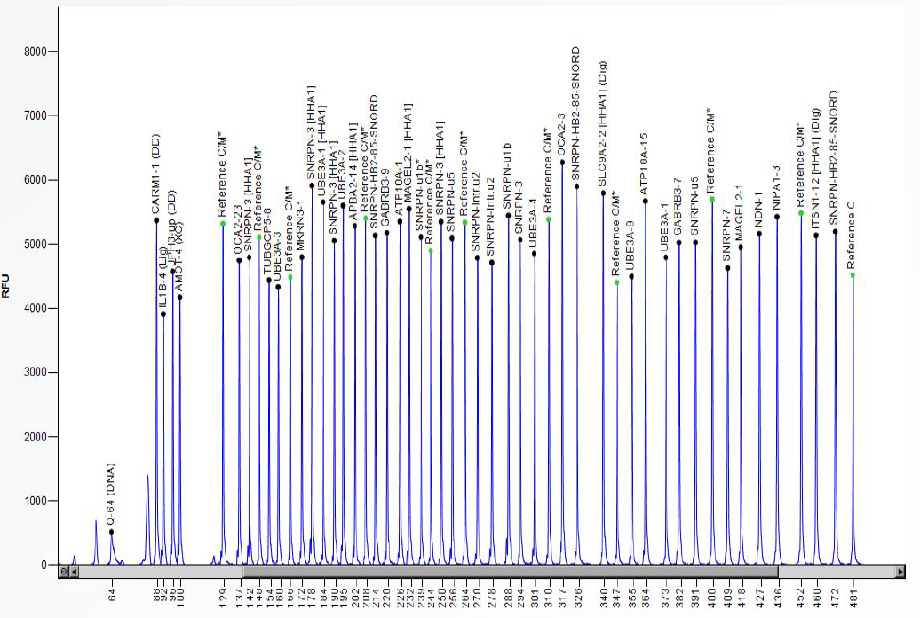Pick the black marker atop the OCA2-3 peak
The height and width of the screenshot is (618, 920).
[562, 162]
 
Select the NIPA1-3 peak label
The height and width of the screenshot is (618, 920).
[777, 187]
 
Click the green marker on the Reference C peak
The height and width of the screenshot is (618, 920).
[853, 275]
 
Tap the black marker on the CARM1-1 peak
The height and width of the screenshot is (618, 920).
[155, 220]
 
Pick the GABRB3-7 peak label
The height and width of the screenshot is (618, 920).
[679, 209]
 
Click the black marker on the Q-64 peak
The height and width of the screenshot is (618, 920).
[111, 532]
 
